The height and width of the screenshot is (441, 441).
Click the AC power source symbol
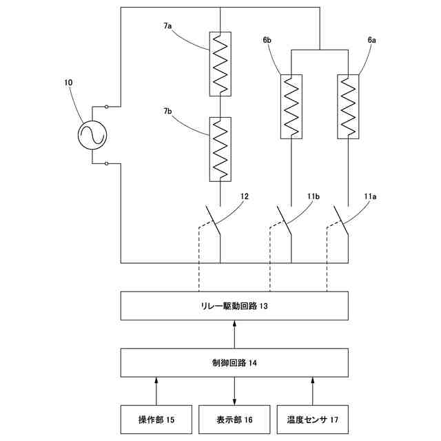pyautogui.click(x=92, y=135)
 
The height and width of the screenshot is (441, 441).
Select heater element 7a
pyautogui.click(x=220, y=63)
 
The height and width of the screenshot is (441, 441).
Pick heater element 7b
pyautogui.click(x=220, y=150)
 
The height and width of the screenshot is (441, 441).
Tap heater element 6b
pyautogui.click(x=291, y=106)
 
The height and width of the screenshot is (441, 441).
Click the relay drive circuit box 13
pyautogui.click(x=235, y=305)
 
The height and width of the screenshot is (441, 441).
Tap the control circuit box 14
pyautogui.click(x=235, y=362)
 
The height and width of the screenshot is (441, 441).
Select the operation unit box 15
pyautogui.click(x=156, y=419)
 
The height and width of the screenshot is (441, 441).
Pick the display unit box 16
pyautogui.click(x=235, y=419)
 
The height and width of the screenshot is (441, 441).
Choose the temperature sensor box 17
pyautogui.click(x=313, y=419)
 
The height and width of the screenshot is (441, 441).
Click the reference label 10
pyautogui.click(x=68, y=83)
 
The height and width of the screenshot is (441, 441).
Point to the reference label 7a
pyautogui.click(x=167, y=25)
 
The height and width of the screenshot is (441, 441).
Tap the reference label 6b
pyautogui.click(x=266, y=41)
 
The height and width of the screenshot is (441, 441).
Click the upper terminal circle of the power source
pyautogui.click(x=107, y=107)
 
